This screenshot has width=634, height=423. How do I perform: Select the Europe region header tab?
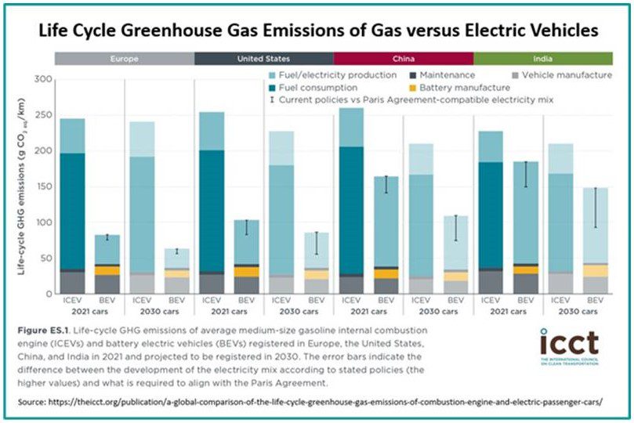pyautogui.click(x=124, y=59)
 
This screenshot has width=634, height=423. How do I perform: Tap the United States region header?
pyautogui.click(x=263, y=59)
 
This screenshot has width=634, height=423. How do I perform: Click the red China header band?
pyautogui.click(x=403, y=59)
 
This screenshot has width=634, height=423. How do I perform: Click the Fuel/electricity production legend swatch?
pyautogui.click(x=272, y=74)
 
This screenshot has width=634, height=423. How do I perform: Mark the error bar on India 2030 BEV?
pyautogui.click(x=595, y=208)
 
